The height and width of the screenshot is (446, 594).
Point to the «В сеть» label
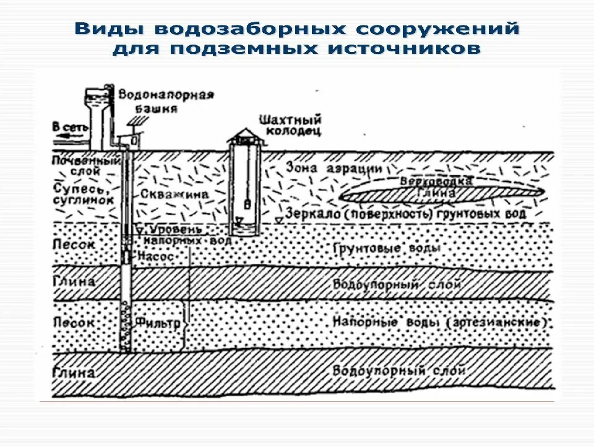70,127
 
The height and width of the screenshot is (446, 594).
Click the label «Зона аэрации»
325,168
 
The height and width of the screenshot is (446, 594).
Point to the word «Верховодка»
436,181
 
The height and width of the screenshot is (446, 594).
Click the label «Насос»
160,255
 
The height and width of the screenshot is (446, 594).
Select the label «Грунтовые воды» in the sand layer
387,248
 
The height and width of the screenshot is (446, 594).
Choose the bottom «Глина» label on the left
73,372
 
